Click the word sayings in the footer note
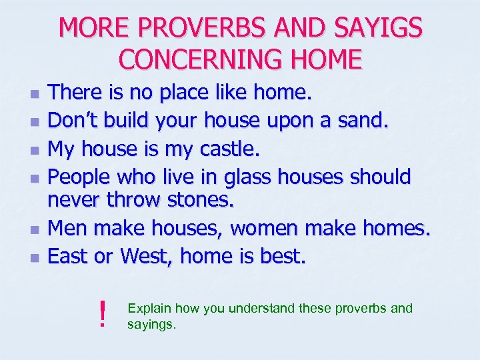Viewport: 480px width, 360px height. [x=151, y=325]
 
